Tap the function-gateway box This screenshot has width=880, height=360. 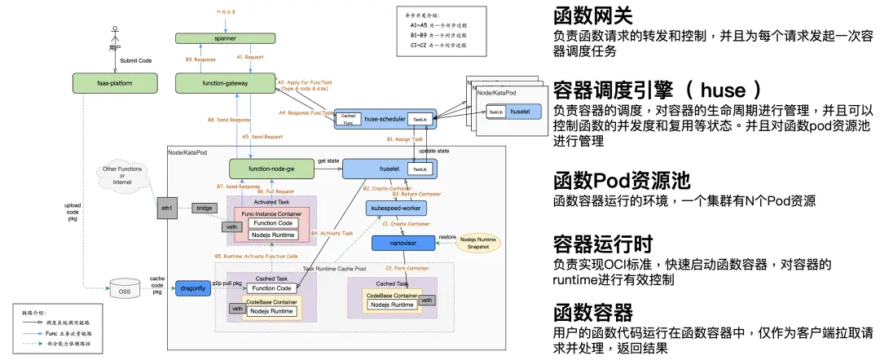click(x=225, y=82)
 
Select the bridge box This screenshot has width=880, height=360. click(x=204, y=209)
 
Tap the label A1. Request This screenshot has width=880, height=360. click(x=251, y=57)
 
